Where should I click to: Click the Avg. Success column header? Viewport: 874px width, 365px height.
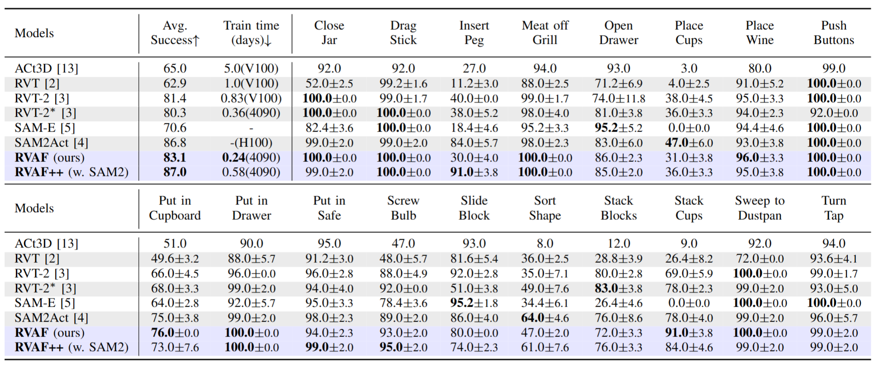point(175,33)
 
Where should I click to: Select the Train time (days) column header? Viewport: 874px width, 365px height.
point(251,33)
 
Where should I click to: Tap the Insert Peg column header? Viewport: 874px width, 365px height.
point(474,33)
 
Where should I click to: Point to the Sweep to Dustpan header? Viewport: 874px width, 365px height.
point(760,208)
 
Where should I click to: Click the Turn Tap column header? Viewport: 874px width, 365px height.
point(834,208)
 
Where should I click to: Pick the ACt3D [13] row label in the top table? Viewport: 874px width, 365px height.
point(46,68)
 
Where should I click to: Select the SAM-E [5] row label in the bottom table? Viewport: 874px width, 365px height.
point(45,303)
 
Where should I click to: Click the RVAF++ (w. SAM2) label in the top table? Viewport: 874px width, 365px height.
point(71,172)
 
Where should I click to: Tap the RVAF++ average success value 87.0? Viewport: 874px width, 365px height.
point(175,172)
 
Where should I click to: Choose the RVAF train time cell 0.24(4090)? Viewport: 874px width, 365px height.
point(251,157)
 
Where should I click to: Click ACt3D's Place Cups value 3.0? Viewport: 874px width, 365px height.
point(689,68)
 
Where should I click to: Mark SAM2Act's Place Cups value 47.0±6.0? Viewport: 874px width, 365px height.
point(689,143)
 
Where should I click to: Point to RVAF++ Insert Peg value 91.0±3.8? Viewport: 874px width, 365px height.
point(474,172)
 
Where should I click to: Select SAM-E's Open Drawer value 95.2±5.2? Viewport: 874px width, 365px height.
point(618,128)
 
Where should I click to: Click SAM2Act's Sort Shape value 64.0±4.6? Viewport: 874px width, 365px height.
point(545,318)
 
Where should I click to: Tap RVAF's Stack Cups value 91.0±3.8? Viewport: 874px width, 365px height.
point(689,333)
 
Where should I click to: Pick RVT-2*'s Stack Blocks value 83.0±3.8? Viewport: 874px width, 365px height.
point(618,288)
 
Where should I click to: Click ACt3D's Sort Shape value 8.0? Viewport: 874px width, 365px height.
point(545,243)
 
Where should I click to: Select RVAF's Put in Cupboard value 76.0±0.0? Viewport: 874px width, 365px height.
point(175,333)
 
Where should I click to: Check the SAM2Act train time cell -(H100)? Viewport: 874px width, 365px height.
point(251,143)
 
